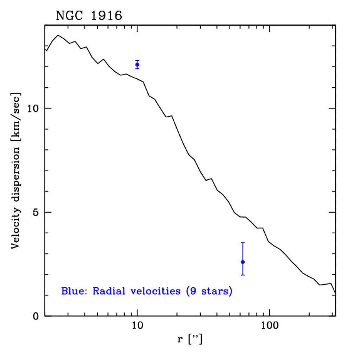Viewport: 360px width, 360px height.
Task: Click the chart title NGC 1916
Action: point(89,16)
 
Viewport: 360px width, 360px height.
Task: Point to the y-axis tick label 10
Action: point(33,108)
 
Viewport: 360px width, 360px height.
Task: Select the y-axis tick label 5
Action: point(36,212)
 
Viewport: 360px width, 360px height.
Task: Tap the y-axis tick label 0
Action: point(36,316)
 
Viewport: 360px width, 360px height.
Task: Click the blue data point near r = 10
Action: point(137,65)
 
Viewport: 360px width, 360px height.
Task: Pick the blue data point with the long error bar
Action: point(243,262)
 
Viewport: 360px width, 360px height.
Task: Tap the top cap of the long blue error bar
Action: point(243,243)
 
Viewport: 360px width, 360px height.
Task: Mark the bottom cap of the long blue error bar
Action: point(243,275)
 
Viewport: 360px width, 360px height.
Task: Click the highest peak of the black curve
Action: point(58,35)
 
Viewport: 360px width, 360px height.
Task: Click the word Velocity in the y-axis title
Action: point(16,225)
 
